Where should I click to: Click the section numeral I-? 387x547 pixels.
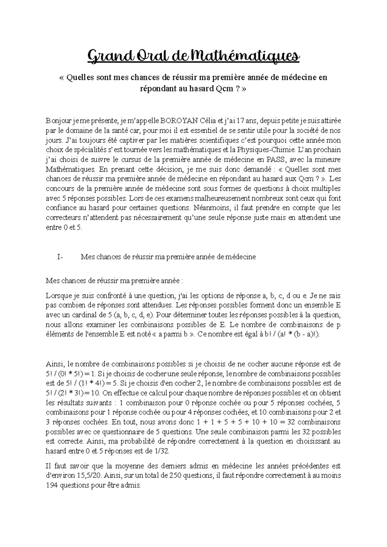[x=60, y=257]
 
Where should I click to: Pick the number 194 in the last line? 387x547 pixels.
[x=51, y=485]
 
